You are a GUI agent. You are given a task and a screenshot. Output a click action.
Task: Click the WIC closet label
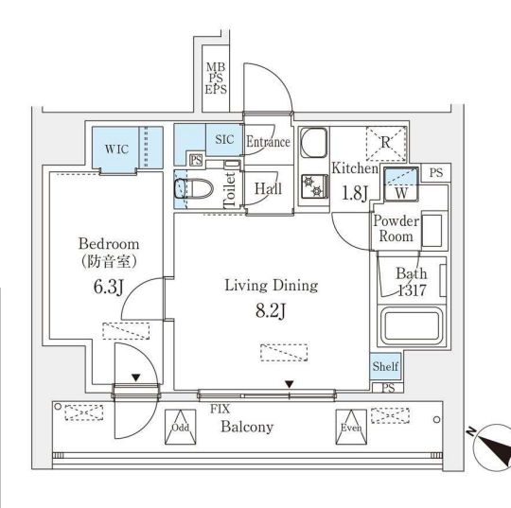point(116,149)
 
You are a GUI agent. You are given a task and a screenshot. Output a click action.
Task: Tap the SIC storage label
point(224,139)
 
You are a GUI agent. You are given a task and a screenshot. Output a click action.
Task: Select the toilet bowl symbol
point(194,188)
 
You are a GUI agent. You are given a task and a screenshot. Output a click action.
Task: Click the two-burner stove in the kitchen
point(314,186)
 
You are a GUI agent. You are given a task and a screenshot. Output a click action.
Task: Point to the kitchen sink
point(314,142)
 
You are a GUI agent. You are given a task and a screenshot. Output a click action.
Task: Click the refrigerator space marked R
point(386,144)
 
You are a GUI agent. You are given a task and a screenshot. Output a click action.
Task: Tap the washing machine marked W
point(401,184)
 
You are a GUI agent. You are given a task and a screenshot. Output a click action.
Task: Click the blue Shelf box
point(385,366)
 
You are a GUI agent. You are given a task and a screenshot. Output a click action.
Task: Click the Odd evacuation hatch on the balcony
point(181,427)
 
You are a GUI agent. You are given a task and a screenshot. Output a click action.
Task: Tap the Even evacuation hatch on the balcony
point(351,427)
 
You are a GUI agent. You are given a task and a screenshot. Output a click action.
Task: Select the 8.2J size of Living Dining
point(271,311)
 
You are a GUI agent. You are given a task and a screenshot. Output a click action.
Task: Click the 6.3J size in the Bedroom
point(109,287)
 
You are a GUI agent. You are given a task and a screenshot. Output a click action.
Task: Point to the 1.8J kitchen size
point(355,193)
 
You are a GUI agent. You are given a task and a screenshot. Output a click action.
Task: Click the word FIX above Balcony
point(220,409)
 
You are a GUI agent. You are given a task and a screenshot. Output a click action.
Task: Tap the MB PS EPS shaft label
point(216,79)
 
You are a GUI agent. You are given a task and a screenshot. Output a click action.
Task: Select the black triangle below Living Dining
point(290,384)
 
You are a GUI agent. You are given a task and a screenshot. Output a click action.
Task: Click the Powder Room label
point(396,228)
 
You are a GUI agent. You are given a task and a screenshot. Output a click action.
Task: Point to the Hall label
point(268,188)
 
